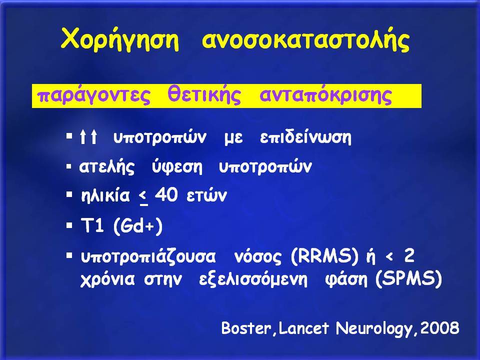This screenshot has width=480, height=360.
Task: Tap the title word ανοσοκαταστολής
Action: click(x=306, y=40)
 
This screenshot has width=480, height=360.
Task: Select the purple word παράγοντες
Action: click(x=93, y=95)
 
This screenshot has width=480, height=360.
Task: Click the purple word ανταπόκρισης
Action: click(x=325, y=95)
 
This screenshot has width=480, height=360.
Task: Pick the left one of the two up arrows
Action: click(x=82, y=136)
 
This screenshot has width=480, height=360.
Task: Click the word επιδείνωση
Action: click(x=305, y=138)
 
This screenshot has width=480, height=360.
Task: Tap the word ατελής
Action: click(x=107, y=167)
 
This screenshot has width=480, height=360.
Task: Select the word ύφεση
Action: click(x=177, y=167)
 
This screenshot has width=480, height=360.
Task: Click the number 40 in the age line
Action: click(x=166, y=194)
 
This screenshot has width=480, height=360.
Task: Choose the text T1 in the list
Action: click(x=92, y=226)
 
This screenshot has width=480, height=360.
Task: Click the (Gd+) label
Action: click(x=138, y=226)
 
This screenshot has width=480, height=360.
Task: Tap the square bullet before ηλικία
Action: click(x=69, y=194)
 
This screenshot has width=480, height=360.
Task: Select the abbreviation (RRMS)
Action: click(x=324, y=256)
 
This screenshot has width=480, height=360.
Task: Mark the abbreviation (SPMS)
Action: click(x=408, y=279)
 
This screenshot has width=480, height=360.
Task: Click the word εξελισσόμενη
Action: click(x=253, y=279)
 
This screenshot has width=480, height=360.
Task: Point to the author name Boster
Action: click(x=246, y=328)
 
